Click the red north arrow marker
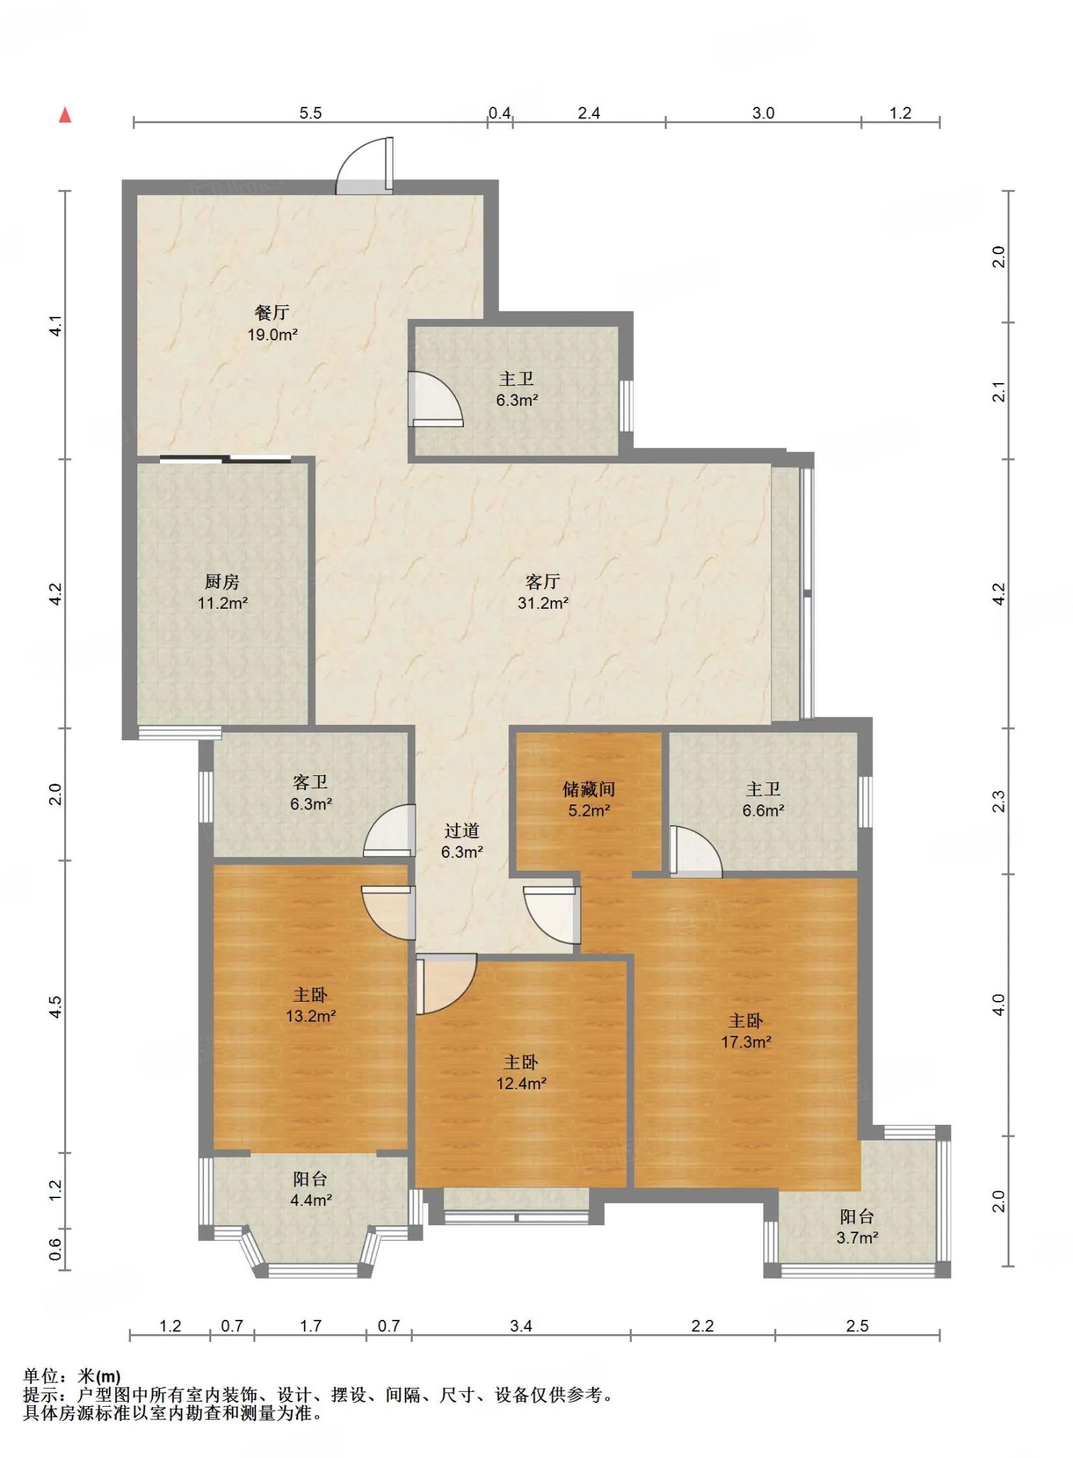coord(65,115)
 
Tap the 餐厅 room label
coord(272,313)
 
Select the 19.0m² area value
coord(272,335)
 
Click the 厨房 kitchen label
coord(222,582)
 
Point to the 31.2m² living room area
coord(543,603)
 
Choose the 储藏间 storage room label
coord(588,789)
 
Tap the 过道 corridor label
coord(462,831)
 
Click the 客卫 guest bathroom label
coord(310,782)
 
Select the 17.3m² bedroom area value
coord(746,1042)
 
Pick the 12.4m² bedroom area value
coord(521,1084)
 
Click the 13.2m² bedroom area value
coord(311,1016)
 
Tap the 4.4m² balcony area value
coord(311,1200)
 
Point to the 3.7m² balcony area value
coord(857,1237)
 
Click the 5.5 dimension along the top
coord(310,113)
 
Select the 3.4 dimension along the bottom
coord(521,1326)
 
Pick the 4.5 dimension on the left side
coord(55,1006)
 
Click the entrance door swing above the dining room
coord(364,165)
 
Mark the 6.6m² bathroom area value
coord(763,810)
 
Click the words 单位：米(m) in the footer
coord(72,1376)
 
